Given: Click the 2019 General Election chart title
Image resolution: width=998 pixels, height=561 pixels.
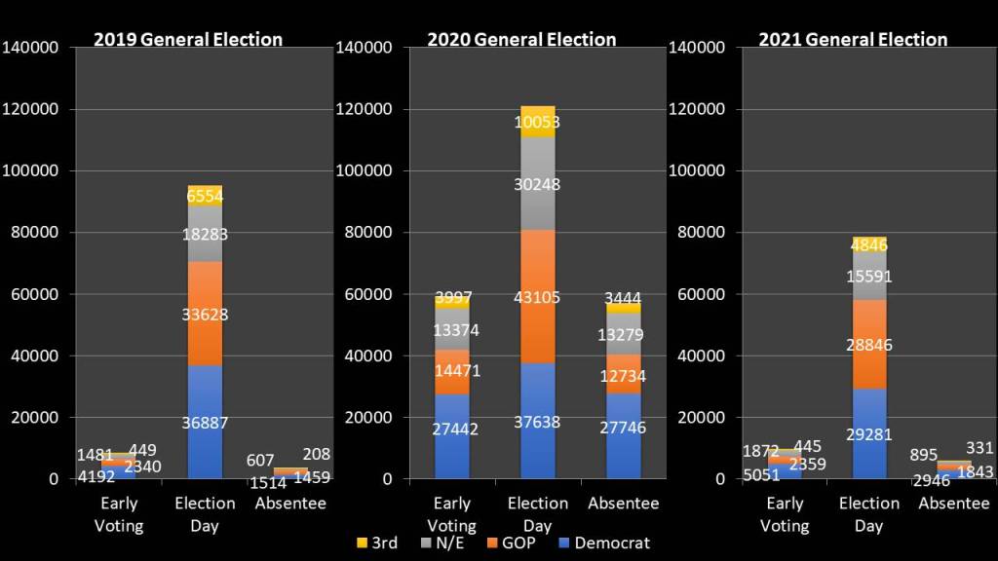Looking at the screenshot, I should tap(187, 40).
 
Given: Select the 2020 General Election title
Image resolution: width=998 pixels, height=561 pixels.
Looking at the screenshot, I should tap(521, 40).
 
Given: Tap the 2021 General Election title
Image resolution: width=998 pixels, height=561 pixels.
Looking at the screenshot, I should tap(853, 40).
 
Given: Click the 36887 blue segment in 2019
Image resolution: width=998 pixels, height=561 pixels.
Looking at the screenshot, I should tap(205, 422).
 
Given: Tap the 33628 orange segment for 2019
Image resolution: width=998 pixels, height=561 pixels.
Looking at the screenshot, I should tap(205, 314).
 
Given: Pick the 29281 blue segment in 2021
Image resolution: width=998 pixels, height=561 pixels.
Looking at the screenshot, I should tap(868, 433).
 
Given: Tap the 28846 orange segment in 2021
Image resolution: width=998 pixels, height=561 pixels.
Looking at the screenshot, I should tap(868, 344).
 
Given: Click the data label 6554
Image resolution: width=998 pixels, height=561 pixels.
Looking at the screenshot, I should tap(205, 196).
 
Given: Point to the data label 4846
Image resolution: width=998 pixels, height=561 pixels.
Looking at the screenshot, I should tap(868, 244).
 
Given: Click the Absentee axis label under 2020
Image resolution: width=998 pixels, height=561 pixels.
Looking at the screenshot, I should tap(623, 504).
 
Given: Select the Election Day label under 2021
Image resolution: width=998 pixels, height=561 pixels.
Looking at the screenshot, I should tap(868, 514).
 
